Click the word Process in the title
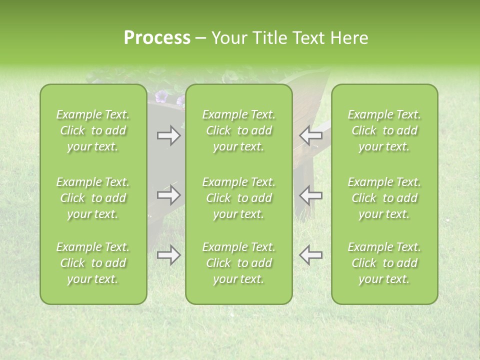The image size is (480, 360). click(156, 38)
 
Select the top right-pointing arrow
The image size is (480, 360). click(168, 135)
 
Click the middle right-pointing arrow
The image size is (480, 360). click(168, 195)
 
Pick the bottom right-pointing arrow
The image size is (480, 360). click(168, 255)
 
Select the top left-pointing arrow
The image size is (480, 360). click(310, 135)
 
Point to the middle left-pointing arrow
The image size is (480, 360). click(310, 195)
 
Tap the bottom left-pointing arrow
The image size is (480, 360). click(310, 255)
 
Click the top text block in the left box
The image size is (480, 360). click(93, 130)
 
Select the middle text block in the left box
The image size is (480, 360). click(93, 198)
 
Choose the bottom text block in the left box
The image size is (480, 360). click(93, 263)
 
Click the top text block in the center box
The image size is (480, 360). click(238, 130)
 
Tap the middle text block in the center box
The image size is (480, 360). click(238, 198)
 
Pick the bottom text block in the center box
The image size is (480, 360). click(238, 263)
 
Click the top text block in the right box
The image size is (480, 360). click(384, 130)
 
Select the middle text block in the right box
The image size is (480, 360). click(384, 198)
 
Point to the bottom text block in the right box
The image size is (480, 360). click(384, 263)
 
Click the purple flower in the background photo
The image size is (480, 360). click(161, 96)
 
